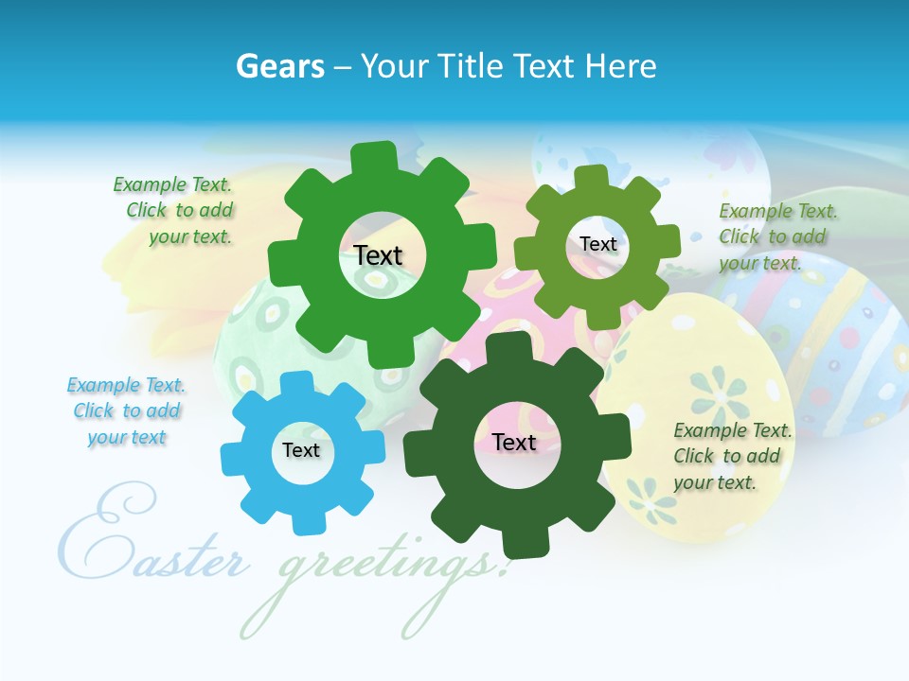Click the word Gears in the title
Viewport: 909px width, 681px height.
[279, 66]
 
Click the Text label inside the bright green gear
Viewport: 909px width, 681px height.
[378, 255]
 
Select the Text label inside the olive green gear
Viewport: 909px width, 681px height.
[598, 244]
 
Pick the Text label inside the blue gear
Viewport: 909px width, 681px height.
[301, 450]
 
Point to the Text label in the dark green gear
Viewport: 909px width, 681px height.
[514, 442]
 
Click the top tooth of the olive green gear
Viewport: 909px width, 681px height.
[591, 176]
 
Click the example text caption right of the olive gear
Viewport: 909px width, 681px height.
[776, 236]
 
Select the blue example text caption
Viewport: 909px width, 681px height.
[126, 411]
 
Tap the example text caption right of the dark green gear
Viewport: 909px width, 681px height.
[731, 456]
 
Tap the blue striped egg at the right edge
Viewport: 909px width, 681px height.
[833, 340]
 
